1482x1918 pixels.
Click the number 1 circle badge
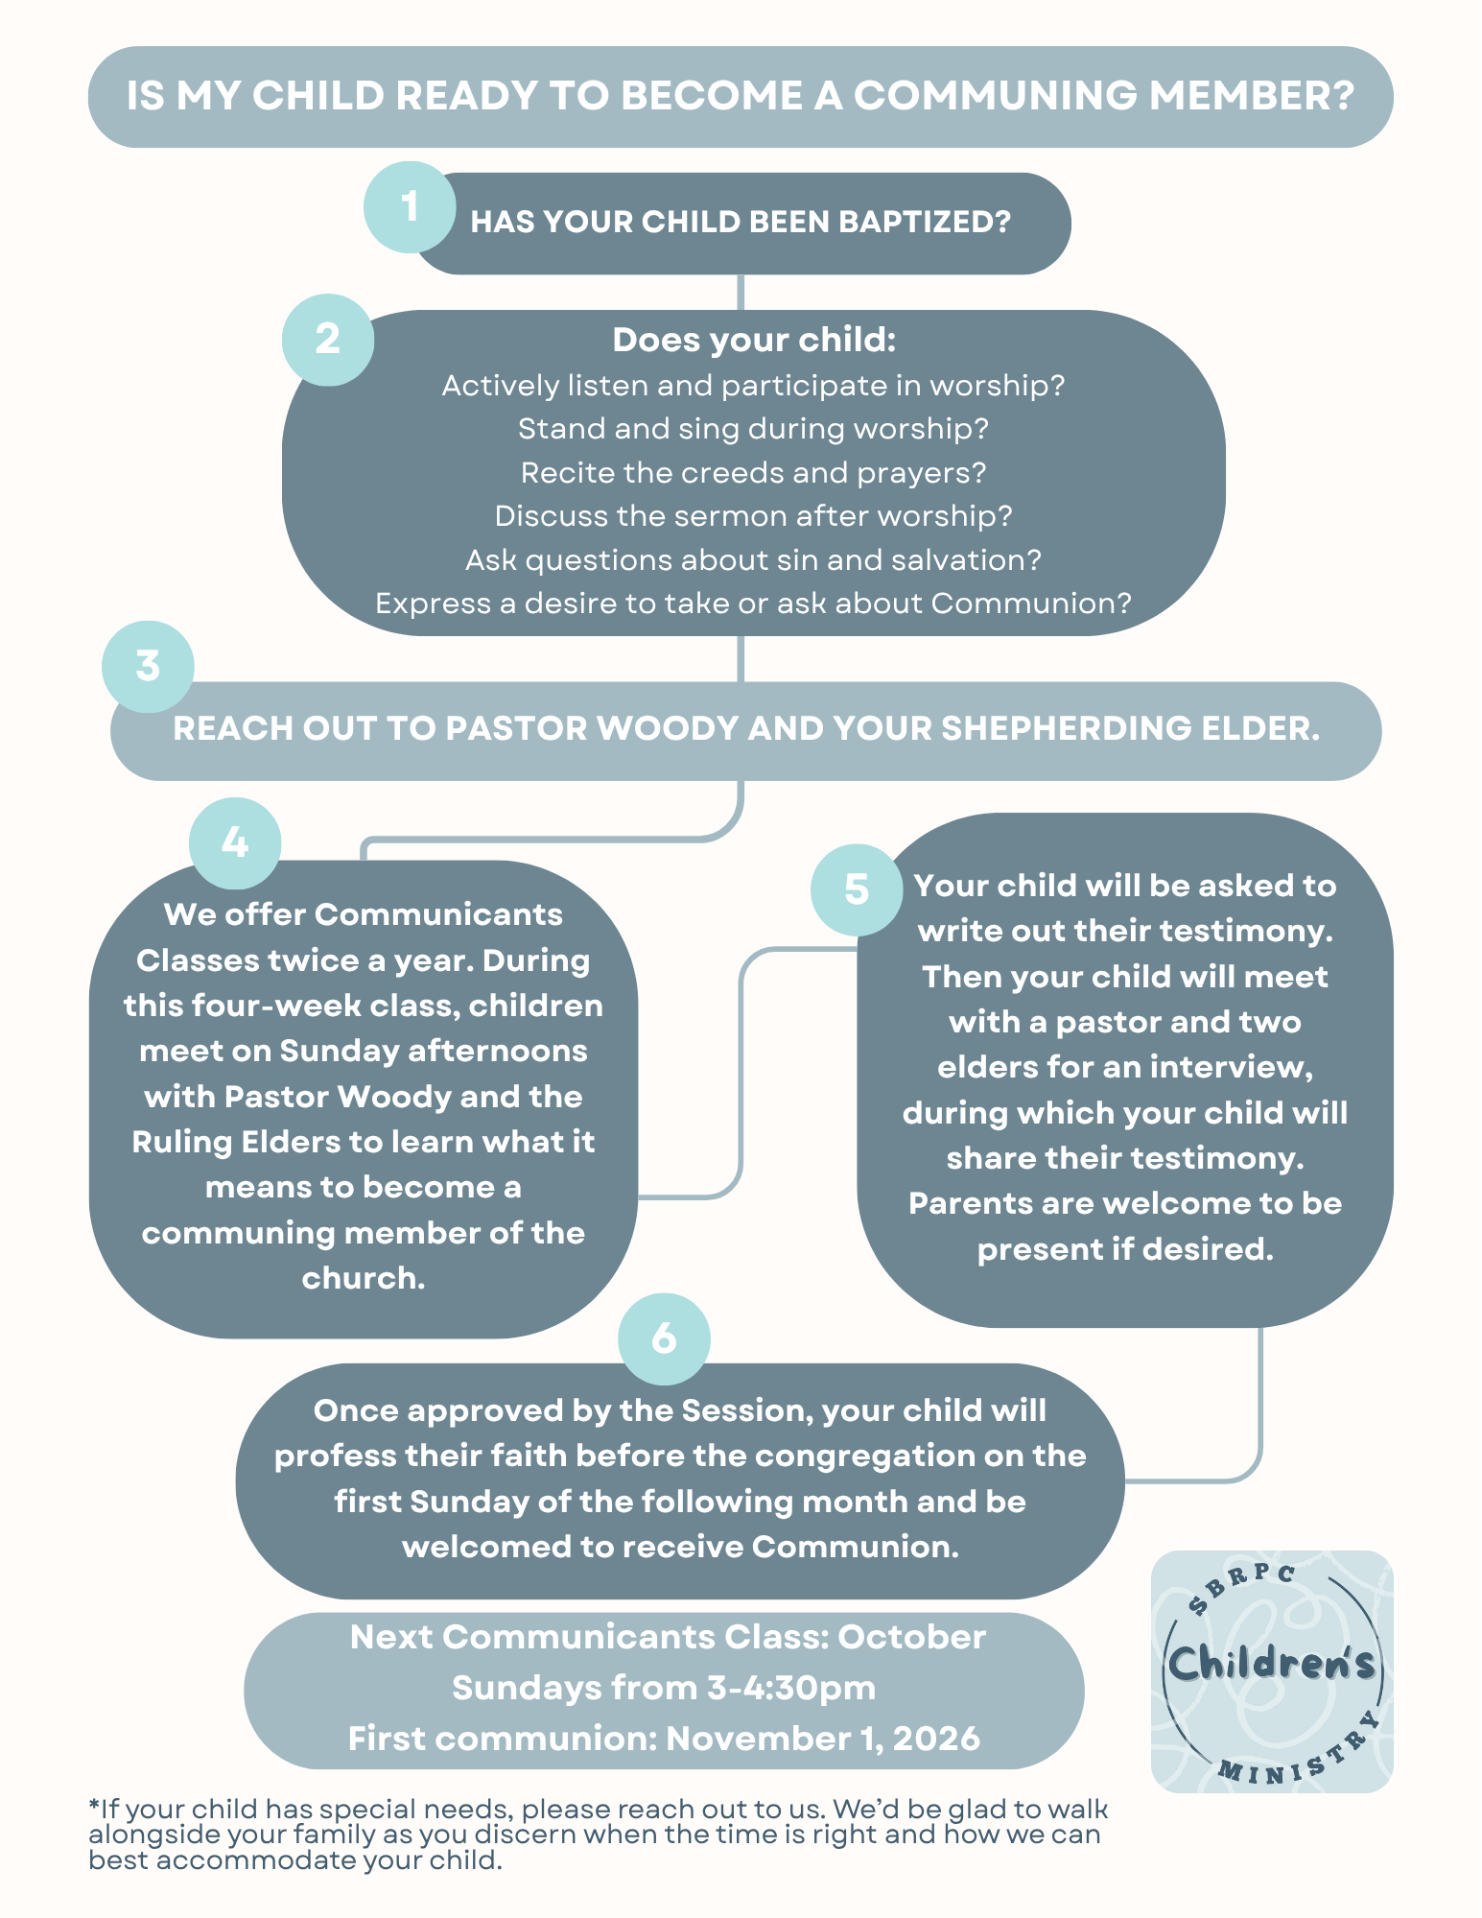coord(410,207)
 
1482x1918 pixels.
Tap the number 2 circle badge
coord(328,340)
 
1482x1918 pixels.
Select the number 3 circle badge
coord(148,667)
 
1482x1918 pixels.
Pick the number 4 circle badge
coord(235,843)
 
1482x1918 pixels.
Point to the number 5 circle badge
coord(857,889)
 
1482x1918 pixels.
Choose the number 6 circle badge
coord(664,1338)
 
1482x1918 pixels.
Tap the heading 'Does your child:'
coord(754,340)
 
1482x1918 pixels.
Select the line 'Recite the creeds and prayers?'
coord(753,473)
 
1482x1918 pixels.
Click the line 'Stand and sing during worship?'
coord(753,429)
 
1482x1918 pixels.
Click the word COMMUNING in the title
coord(995,96)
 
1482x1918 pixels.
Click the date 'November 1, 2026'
coord(823,1739)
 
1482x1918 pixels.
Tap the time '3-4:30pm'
coord(791,1688)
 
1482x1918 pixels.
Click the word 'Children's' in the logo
coord(1272,1664)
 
